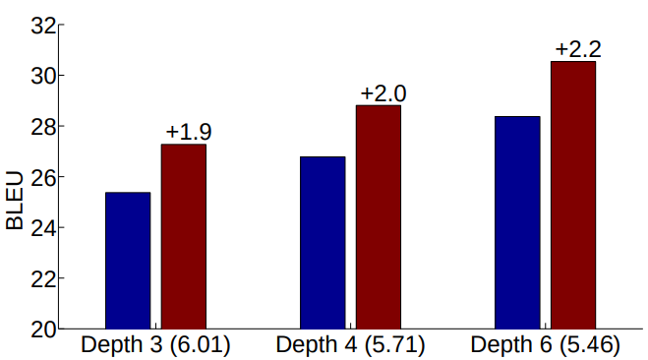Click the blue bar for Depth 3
pyautogui.click(x=128, y=261)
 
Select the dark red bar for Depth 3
pyautogui.click(x=184, y=236)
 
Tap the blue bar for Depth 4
pyautogui.click(x=323, y=242)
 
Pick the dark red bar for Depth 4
pyautogui.click(x=379, y=216)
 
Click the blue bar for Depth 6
pyautogui.click(x=517, y=222)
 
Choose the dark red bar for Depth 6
pyautogui.click(x=573, y=195)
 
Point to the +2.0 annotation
pyautogui.click(x=383, y=93)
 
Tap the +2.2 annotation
pyautogui.click(x=578, y=48)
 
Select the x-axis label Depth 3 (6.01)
pyautogui.click(x=155, y=345)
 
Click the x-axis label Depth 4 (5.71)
pyautogui.click(x=350, y=345)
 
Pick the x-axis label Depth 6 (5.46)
pyautogui.click(x=545, y=345)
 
